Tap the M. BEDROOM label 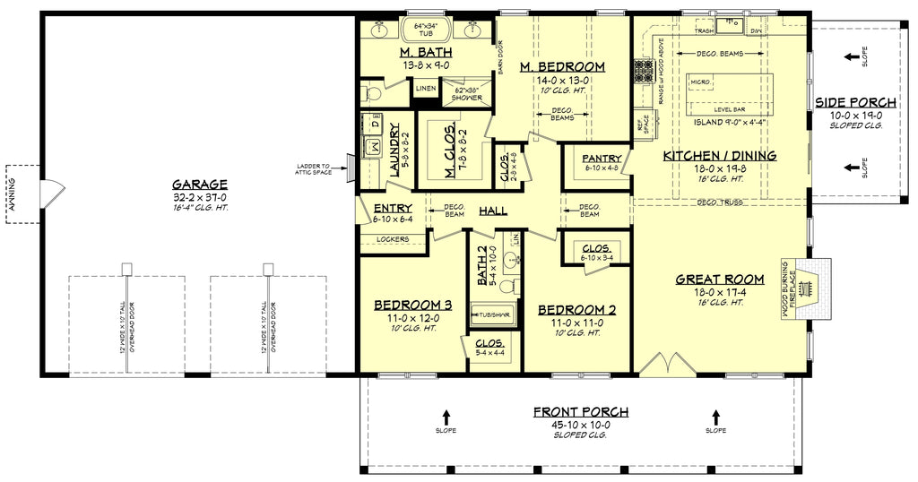(x=561, y=67)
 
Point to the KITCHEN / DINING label (x=719, y=156)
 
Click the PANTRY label (x=595, y=159)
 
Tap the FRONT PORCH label (x=581, y=412)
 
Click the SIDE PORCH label (x=849, y=102)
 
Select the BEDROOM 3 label (x=411, y=306)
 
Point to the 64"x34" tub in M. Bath (x=430, y=31)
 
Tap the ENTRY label (x=392, y=209)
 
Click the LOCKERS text (x=394, y=239)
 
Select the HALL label (x=493, y=211)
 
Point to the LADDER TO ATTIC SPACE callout (x=313, y=169)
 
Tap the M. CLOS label (x=450, y=147)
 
